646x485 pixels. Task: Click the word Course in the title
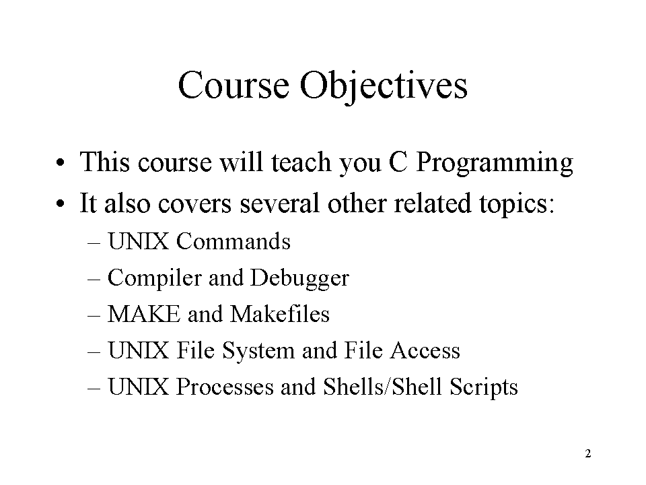[234, 85]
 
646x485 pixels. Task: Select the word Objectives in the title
[384, 88]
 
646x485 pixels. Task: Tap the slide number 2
[588, 453]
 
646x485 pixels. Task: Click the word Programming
[495, 162]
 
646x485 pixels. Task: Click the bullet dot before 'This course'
[61, 162]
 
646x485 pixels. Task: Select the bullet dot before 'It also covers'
[61, 203]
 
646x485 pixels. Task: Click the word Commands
[234, 241]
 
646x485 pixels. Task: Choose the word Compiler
[155, 278]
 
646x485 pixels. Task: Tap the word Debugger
[299, 278]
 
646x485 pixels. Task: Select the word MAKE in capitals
[144, 315]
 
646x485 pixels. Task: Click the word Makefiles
[280, 314]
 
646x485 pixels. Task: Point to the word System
[258, 351]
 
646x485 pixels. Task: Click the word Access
[425, 350]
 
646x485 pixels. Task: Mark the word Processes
[225, 387]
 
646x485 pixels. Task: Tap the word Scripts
[483, 388]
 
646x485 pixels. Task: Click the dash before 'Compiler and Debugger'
[94, 279]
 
